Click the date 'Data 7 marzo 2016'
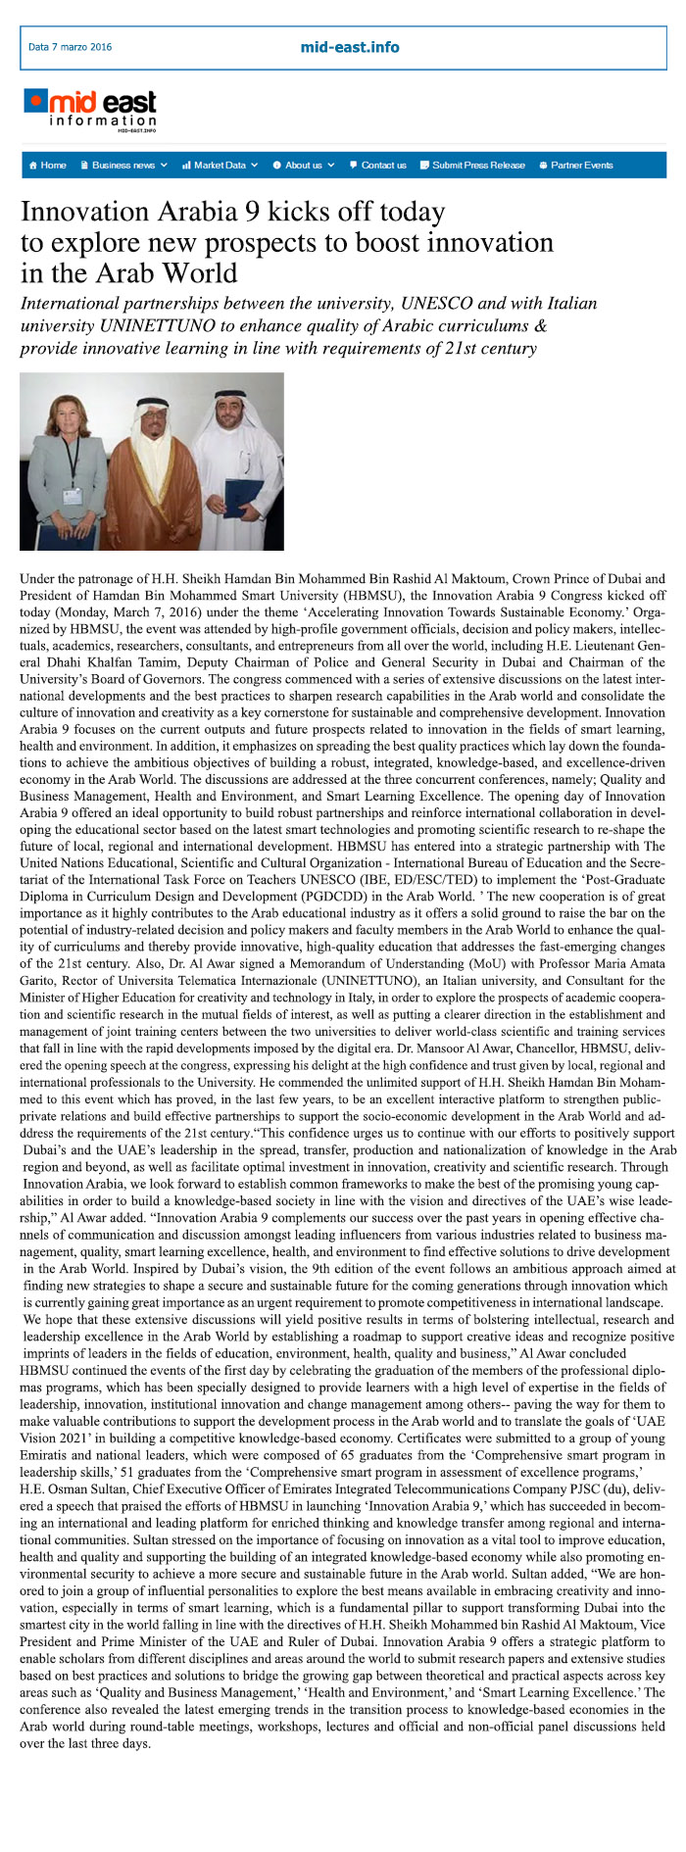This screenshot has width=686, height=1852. point(70,47)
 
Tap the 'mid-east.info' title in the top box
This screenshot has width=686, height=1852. point(350,47)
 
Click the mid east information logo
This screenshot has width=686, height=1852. point(91,110)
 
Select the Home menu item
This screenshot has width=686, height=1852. point(48,165)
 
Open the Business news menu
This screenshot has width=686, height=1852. point(123,165)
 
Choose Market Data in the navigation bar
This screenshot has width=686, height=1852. point(220,165)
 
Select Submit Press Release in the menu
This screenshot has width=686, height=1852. point(472,165)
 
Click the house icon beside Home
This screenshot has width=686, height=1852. point(33,165)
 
